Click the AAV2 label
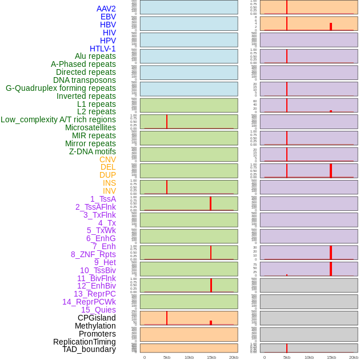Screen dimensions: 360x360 pos(106,9)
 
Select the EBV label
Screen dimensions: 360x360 pos(108,17)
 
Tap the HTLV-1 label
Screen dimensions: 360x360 pos(102,49)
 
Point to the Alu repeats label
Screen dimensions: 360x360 pos(95,56)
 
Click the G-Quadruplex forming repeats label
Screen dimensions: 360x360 pos(61,88)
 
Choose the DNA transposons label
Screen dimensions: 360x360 pos(84,80)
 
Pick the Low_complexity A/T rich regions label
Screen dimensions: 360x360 pos(58,119)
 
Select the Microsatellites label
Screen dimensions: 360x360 pos(90,127)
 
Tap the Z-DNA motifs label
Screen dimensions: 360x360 pos(93,151)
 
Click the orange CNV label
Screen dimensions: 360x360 pos(107,159)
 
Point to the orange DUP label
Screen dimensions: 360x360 pos(107,175)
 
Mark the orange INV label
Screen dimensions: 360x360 pos(109,191)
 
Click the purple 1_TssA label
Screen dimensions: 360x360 pos(103,199)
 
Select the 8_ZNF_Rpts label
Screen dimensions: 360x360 pos(93,254)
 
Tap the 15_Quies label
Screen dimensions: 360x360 pos(98,310)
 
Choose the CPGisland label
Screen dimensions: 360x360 pos(97,318)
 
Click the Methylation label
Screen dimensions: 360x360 pos(95,326)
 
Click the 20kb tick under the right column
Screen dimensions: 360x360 pos(354,357)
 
